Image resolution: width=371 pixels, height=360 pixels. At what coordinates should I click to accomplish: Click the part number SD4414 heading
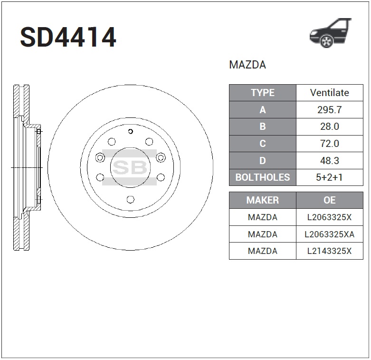coord(68,38)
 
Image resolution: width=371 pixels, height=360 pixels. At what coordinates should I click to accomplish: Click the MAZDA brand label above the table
coord(247,65)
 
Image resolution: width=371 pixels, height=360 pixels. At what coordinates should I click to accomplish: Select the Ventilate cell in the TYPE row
coord(329,93)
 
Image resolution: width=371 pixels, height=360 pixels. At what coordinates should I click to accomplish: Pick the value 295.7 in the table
coord(329,110)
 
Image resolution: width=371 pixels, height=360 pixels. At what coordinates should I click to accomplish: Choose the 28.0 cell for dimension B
coord(329,126)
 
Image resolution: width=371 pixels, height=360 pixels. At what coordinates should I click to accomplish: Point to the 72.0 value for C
coord(329,144)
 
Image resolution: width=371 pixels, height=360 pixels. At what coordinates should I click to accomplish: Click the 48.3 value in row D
coord(329,161)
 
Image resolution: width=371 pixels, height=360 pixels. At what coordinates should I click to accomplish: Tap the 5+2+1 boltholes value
coord(329,177)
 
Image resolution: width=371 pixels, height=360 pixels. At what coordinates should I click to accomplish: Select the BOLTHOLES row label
coord(263,177)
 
